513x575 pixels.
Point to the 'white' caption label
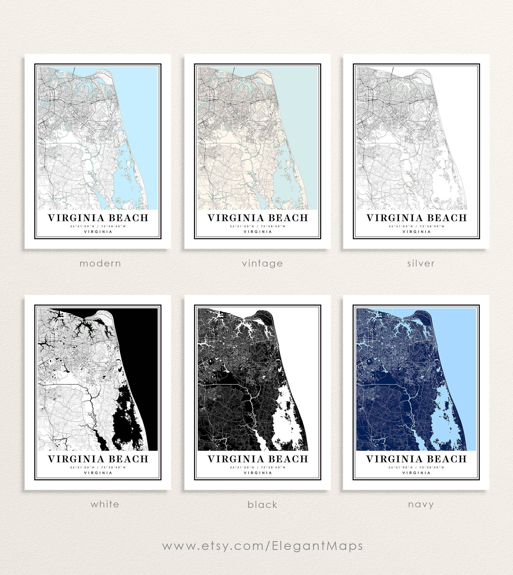[x=105, y=504]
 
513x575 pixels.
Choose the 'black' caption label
[x=262, y=505]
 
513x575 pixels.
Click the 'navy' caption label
[x=421, y=504]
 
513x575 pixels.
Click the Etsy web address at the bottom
[x=262, y=546]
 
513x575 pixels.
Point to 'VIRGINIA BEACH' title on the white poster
[x=98, y=459]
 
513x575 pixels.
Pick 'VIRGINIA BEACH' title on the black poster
[x=258, y=459]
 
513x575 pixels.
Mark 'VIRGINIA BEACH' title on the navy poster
[x=417, y=459]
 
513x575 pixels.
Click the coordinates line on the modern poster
[x=98, y=226]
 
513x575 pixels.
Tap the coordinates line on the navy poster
[x=416, y=467]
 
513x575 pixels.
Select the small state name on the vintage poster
[x=258, y=232]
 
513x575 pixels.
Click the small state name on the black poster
[x=258, y=473]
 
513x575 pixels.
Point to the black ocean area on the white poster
[x=141, y=352]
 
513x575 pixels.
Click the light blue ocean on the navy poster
[x=459, y=352]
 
